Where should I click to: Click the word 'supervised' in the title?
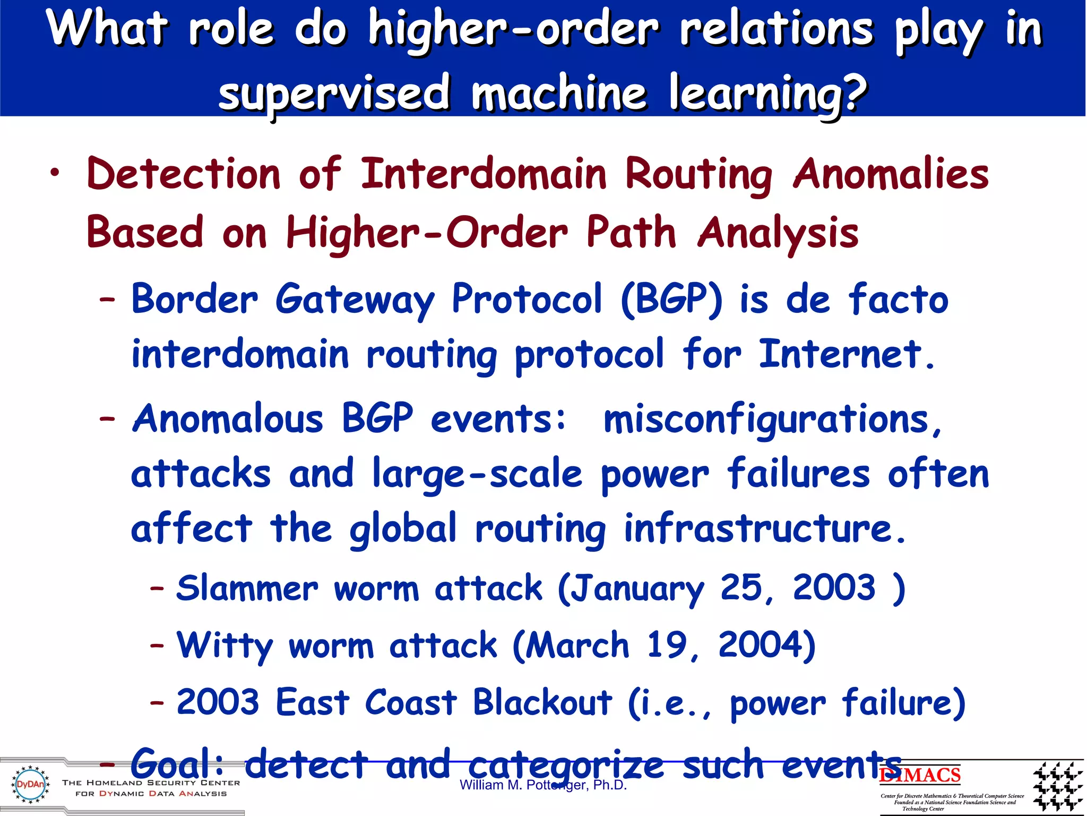click(334, 93)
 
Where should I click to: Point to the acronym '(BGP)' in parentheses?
click(672, 299)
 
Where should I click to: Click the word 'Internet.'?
click(847, 354)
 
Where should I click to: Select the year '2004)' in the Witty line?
click(766, 645)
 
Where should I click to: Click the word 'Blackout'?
click(542, 702)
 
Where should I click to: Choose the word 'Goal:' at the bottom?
click(177, 764)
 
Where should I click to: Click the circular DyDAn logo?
click(30, 785)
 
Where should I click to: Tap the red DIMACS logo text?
click(920, 775)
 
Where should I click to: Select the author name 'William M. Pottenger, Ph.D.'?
click(543, 785)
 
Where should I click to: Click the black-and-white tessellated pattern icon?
click(1057, 786)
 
